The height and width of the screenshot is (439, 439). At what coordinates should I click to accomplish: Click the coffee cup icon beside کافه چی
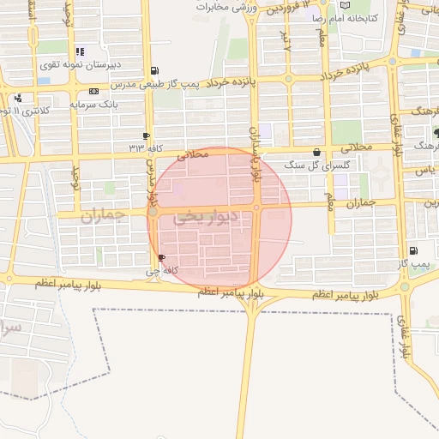pos(162,257)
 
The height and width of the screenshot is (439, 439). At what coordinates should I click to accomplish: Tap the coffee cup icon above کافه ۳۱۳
pos(146,135)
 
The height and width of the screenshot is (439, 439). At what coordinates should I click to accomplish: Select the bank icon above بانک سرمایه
pos(93,91)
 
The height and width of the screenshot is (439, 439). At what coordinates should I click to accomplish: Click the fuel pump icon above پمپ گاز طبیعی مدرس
pos(153,69)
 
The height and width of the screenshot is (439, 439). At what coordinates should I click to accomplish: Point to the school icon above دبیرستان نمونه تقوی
pos(80,51)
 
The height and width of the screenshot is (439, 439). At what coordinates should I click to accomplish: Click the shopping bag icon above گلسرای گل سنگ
pos(317,152)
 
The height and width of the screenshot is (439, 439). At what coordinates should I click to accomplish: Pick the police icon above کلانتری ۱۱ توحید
pos(17,98)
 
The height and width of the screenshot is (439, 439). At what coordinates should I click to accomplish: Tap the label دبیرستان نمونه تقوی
pos(81,64)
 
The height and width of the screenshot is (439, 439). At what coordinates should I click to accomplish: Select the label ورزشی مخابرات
pos(228,7)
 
